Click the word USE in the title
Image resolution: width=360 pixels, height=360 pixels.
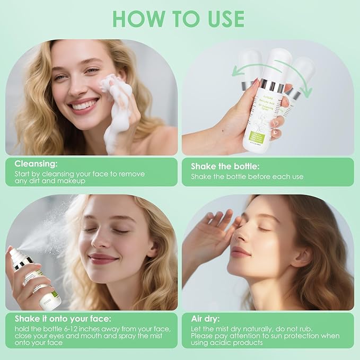click(222, 19)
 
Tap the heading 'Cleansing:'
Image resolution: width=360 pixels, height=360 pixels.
click(36, 164)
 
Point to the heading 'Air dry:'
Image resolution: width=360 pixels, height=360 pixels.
click(207, 319)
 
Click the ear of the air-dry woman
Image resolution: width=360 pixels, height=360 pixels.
click(301, 255)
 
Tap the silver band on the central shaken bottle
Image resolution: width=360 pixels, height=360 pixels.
click(274, 87)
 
